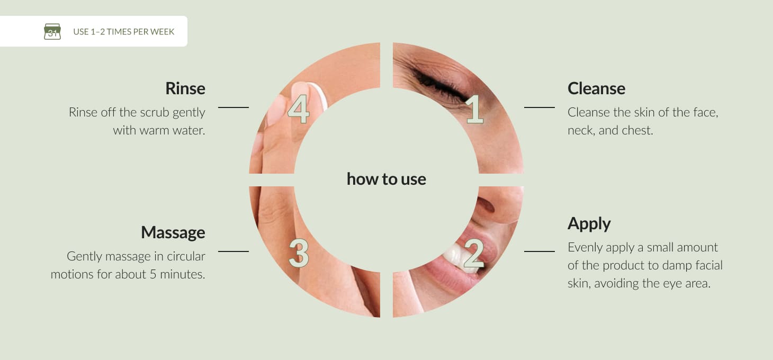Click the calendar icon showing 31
(x=52, y=31)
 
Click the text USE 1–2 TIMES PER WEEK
(x=124, y=32)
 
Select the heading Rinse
(x=185, y=88)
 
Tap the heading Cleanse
(x=596, y=88)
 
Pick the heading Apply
(x=589, y=224)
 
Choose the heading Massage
(x=173, y=232)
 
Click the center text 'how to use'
(x=386, y=179)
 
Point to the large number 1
(x=475, y=109)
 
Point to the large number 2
(x=473, y=254)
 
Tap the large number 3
(x=299, y=254)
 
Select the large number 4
(x=299, y=109)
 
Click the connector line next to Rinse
(x=233, y=107)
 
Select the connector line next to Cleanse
(x=540, y=107)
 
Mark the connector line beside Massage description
(x=233, y=251)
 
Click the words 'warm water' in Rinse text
(x=172, y=130)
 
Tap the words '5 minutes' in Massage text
(x=177, y=274)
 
